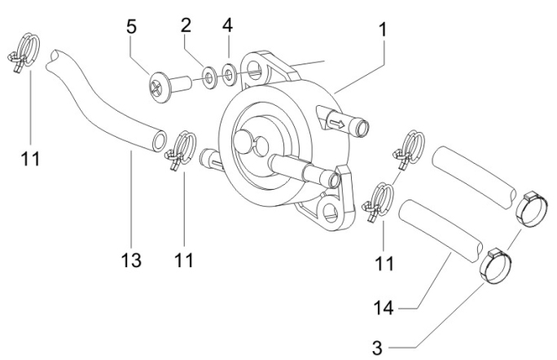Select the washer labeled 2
click(210, 77)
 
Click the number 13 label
click(131, 261)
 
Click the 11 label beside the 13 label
click(183, 261)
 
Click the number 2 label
click(186, 25)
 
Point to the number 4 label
click(228, 25)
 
